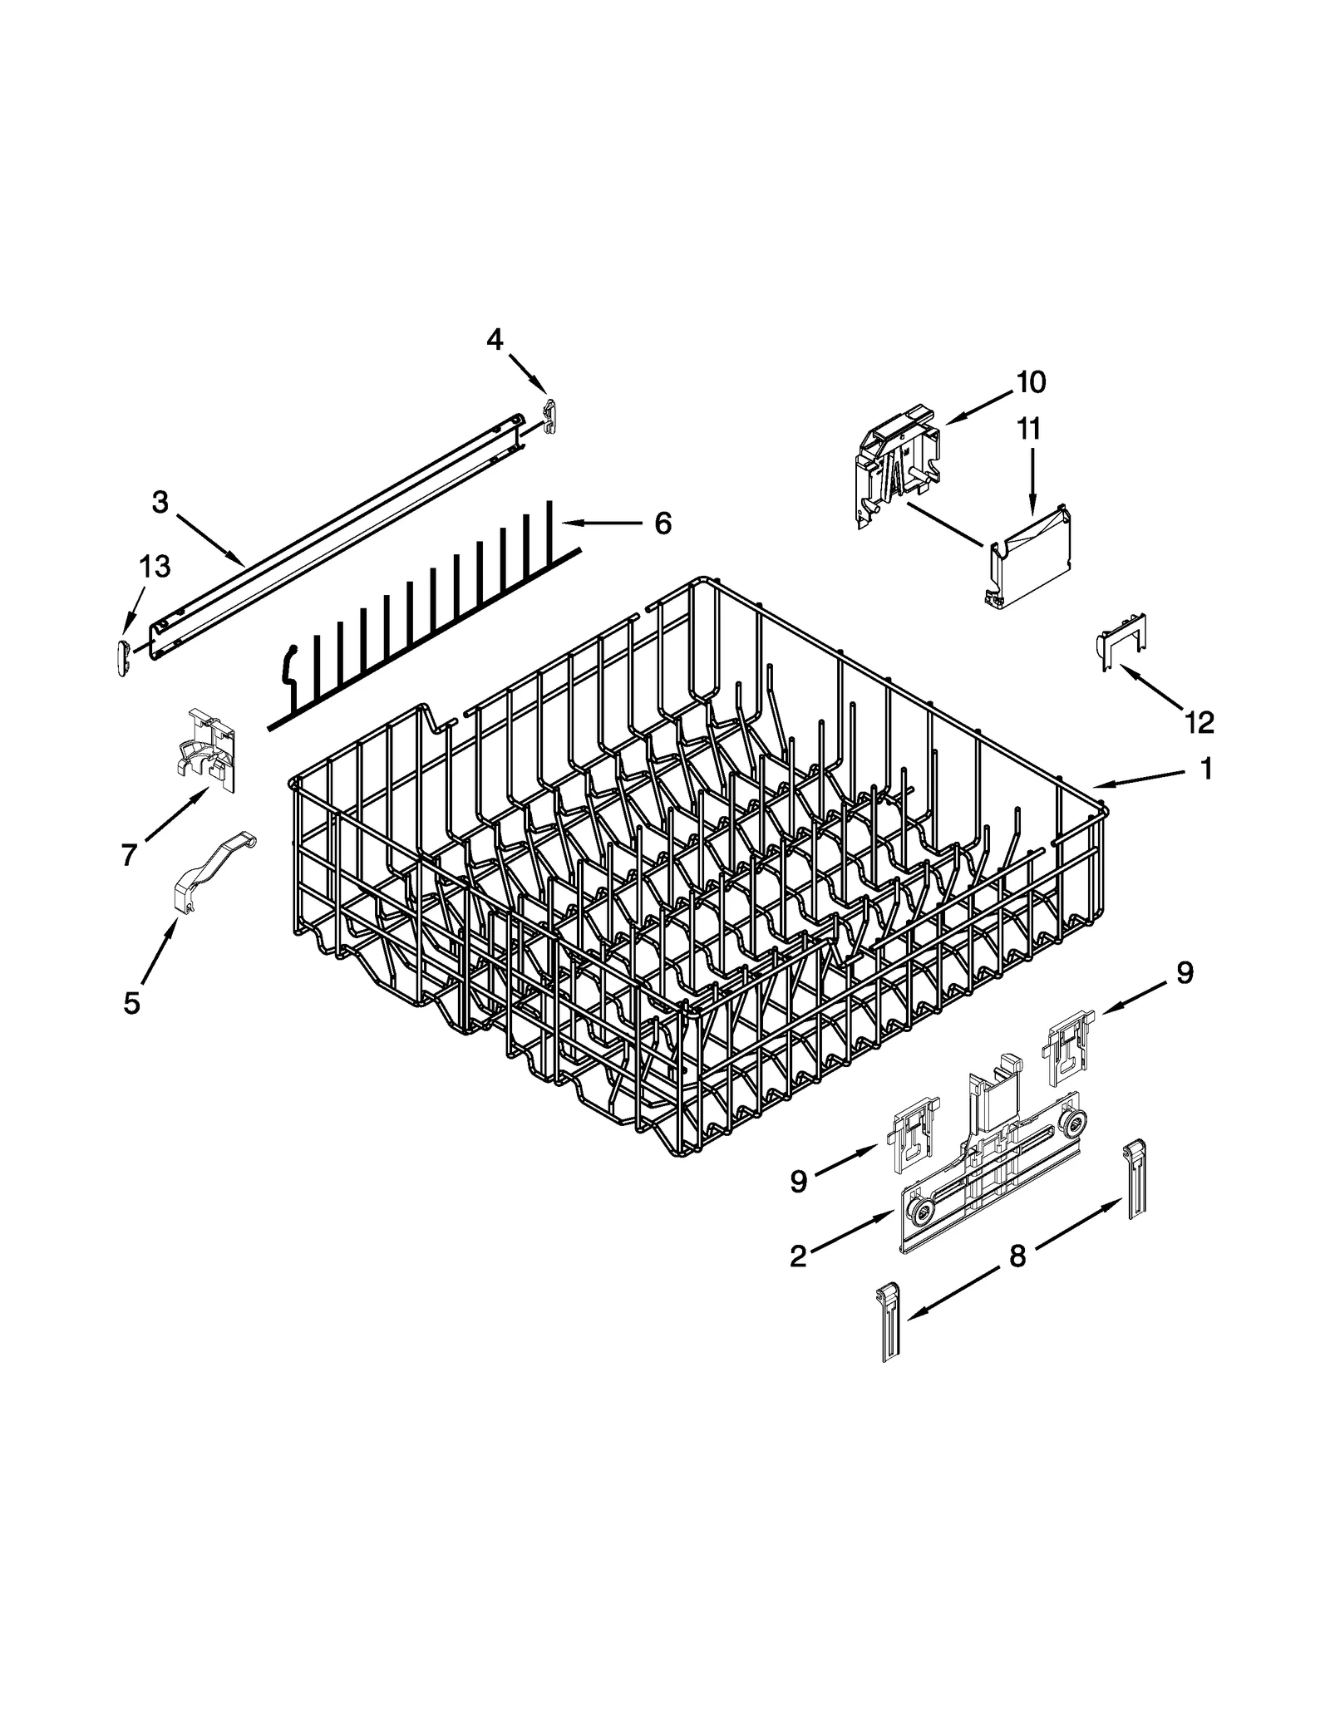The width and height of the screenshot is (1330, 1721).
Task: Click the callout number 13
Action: coord(155,566)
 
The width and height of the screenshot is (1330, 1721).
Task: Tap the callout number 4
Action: coord(495,339)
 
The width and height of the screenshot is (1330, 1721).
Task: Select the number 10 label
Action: coord(1030,382)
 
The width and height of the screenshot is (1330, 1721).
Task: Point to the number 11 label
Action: coord(1028,430)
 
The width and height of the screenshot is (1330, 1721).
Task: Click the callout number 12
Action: coord(1199,722)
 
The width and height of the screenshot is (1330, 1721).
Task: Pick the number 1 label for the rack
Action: coord(1206,769)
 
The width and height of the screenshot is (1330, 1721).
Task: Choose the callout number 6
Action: coord(663,524)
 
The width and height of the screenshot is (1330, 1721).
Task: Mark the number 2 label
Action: coord(798,1257)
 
